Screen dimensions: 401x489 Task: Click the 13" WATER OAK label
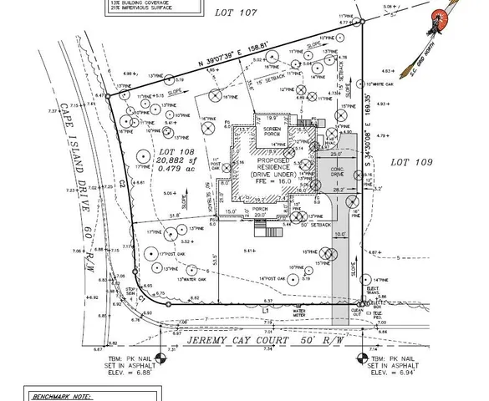[x=178, y=268]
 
